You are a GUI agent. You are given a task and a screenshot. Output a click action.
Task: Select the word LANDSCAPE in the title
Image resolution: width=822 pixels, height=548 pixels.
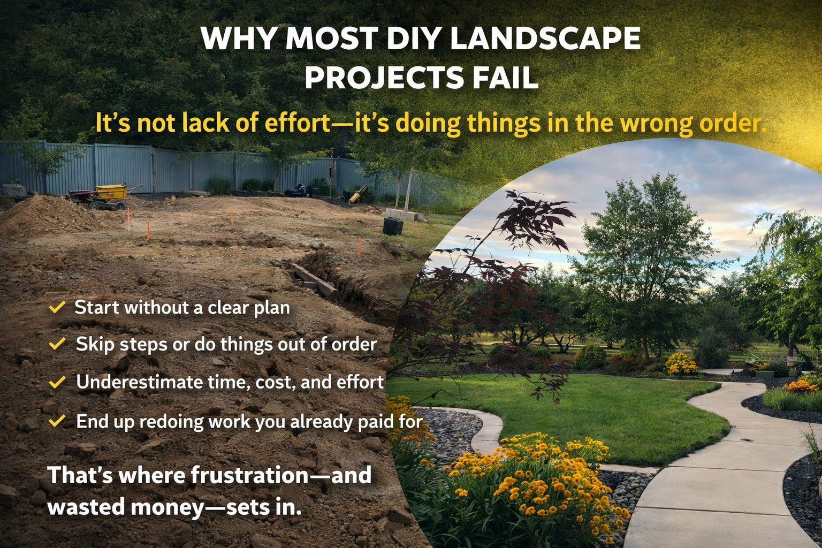545,38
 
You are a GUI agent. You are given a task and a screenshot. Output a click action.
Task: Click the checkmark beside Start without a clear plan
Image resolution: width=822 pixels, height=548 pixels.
57,307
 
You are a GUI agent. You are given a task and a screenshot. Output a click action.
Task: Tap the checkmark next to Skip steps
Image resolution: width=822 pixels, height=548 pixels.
57,344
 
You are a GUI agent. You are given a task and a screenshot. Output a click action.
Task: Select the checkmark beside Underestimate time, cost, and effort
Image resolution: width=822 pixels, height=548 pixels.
57,382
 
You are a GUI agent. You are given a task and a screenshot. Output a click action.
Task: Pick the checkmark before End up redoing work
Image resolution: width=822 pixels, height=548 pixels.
57,421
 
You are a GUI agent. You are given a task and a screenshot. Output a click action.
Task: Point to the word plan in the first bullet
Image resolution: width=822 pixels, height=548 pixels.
272,308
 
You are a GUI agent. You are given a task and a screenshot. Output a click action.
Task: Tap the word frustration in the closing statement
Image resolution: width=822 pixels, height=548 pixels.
249,475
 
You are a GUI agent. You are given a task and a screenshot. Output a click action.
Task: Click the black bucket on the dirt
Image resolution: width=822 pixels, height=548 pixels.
393,226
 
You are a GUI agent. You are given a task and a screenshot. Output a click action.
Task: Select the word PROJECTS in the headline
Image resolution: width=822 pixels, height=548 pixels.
384,78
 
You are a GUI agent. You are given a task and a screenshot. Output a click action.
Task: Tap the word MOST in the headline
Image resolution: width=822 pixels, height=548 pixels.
332,38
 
